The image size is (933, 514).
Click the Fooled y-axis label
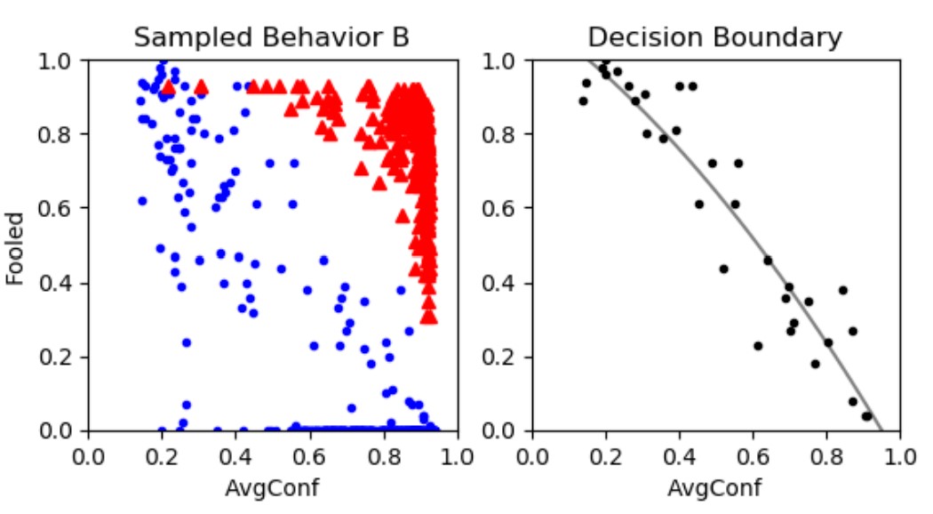pos(15,246)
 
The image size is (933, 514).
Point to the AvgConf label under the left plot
pos(273,487)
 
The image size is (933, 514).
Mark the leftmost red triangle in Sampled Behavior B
pos(168,87)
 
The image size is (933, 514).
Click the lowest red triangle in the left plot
pos(429,316)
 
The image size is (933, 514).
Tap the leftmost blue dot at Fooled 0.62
pos(141,201)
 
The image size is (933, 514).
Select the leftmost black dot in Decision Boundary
pos(583,100)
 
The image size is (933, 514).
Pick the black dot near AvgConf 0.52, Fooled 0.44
pos(723,269)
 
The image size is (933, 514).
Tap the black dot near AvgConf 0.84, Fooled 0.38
pos(842,290)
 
